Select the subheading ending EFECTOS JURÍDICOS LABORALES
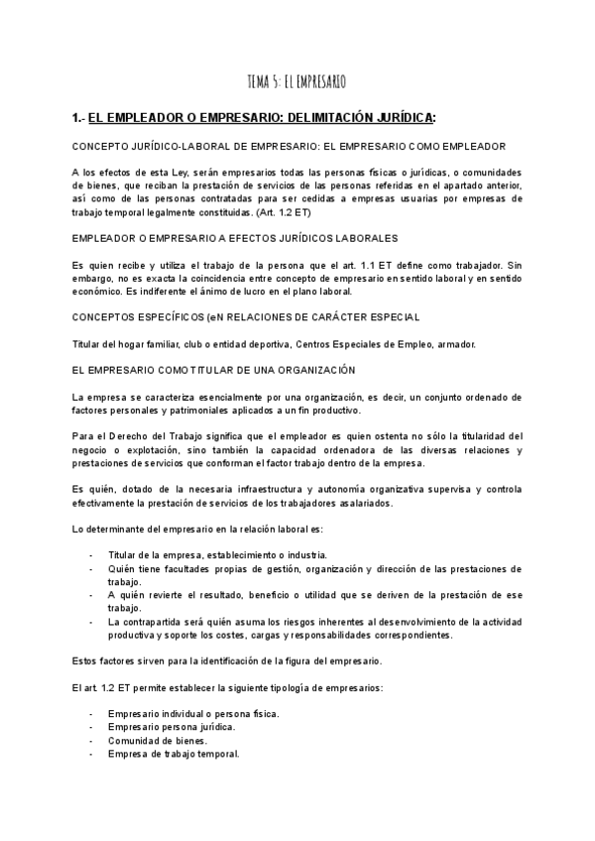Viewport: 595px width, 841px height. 235,239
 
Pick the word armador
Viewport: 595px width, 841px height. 455,343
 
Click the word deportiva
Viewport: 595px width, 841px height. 287,343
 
